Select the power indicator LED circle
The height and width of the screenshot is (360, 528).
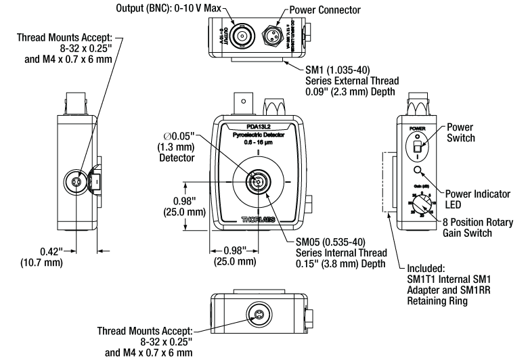418,171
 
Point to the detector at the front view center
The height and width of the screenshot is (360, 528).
257,182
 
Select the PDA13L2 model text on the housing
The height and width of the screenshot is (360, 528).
258,126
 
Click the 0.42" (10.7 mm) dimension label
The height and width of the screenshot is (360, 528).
39,258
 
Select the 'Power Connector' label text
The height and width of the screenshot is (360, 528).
326,10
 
